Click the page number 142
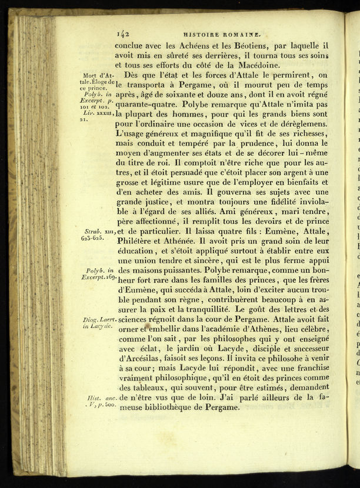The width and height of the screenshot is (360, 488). click(x=124, y=33)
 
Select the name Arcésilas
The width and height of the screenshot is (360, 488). click(x=146, y=358)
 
